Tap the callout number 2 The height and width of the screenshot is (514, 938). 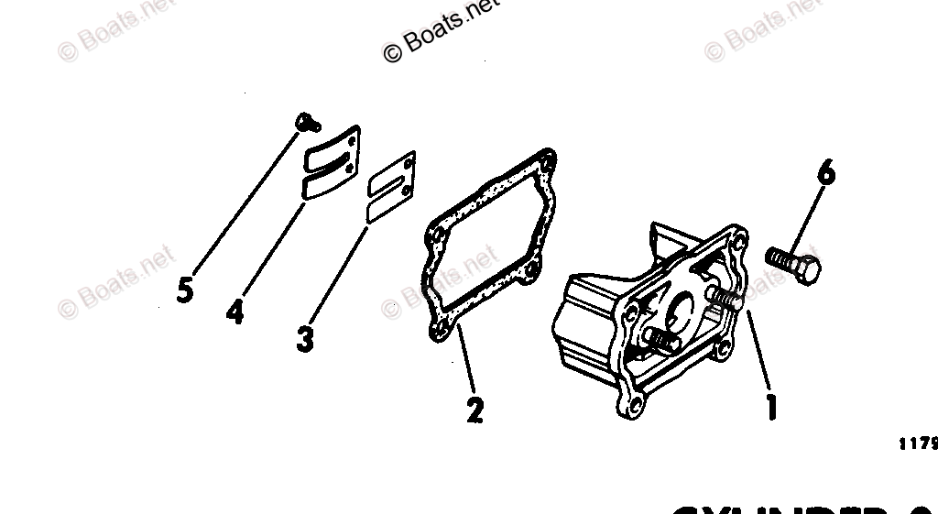(474, 410)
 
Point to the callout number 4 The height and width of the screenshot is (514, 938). (235, 312)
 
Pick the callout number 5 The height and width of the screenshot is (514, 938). (185, 290)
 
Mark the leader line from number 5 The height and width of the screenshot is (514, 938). (244, 202)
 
